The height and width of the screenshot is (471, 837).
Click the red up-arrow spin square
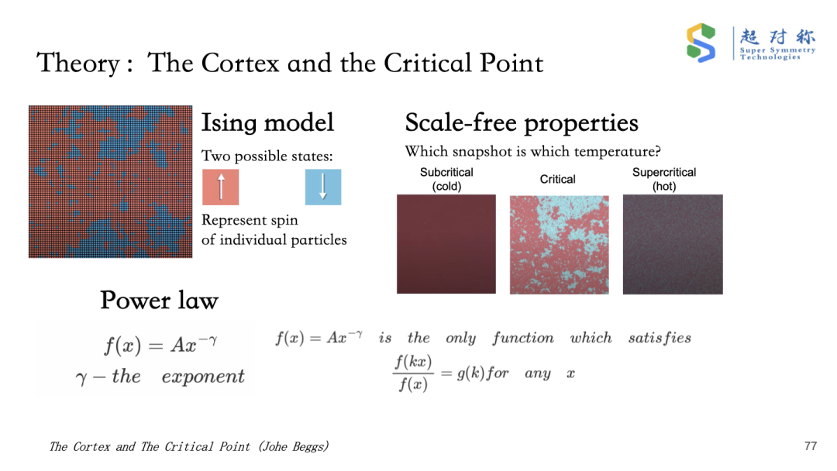[220, 187]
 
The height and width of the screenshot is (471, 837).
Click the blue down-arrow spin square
[323, 187]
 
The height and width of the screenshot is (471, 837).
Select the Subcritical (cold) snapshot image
[446, 244]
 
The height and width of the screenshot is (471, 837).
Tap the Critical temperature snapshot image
[559, 245]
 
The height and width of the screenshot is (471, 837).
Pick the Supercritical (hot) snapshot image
[673, 244]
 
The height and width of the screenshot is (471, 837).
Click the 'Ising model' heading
[267, 122]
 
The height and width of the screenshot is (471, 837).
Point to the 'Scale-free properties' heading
[522, 122]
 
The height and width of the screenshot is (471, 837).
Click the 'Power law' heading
[159, 301]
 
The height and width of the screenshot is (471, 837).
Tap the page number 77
[811, 446]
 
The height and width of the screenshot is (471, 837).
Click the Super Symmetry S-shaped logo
[701, 43]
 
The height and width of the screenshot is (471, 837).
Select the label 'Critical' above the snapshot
[557, 179]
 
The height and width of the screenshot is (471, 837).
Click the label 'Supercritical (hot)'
[664, 179]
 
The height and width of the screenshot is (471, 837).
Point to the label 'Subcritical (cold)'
[446, 179]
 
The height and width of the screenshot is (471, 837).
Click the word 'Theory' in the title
[78, 64]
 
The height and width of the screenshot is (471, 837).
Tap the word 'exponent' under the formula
[203, 376]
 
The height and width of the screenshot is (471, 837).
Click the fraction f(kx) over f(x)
[413, 373]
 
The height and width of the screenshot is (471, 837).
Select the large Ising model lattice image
[111, 182]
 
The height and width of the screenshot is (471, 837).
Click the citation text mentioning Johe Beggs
[189, 446]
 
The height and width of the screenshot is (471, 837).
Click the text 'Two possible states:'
[267, 156]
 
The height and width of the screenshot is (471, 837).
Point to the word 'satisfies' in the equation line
[660, 338]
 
